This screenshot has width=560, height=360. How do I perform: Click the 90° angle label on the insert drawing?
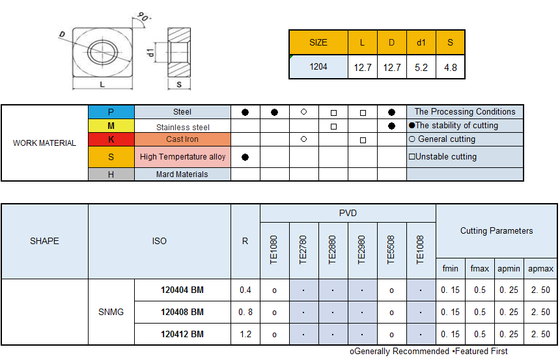click(143, 17)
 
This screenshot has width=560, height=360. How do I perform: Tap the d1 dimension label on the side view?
click(150, 53)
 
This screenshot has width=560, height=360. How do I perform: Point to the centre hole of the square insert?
click(102, 52)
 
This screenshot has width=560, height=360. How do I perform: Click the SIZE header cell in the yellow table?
click(318, 42)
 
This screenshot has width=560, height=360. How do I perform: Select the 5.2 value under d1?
click(421, 68)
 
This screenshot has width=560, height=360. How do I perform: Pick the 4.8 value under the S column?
click(451, 68)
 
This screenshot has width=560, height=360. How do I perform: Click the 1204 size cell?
click(318, 67)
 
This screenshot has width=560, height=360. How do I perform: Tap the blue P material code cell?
click(111, 112)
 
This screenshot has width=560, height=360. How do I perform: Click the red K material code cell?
click(111, 139)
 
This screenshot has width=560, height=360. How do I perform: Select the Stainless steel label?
click(183, 127)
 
